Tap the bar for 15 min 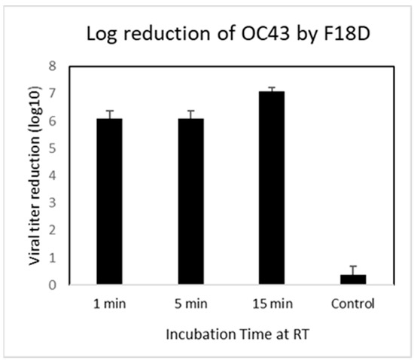(x=257, y=188)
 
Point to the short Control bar (x=331, y=279)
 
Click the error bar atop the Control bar (x=331, y=270)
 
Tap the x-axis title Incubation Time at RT (x=219, y=331)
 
